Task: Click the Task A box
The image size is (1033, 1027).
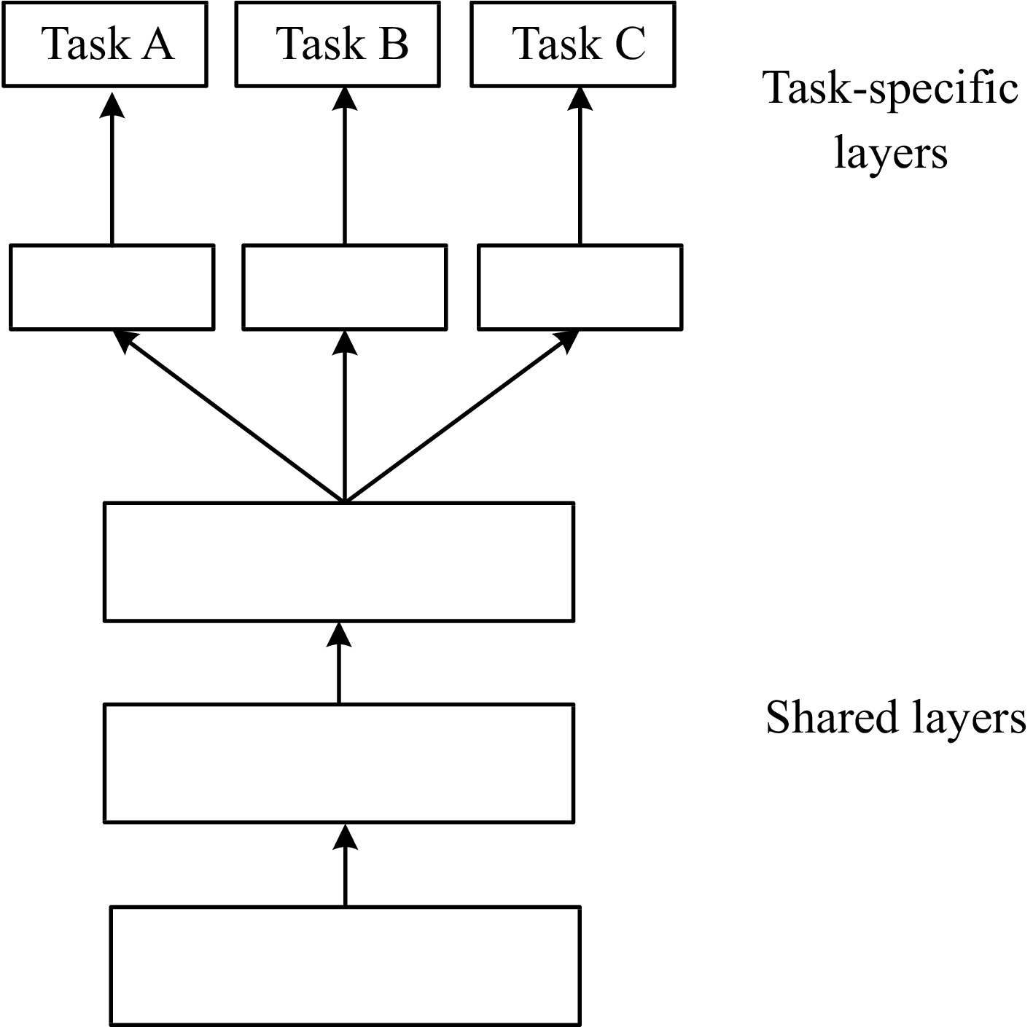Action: [x=104, y=44]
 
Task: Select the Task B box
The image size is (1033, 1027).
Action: [x=338, y=44]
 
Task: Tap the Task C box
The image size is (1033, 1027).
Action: [x=572, y=44]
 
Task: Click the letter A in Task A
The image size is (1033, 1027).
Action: [x=157, y=44]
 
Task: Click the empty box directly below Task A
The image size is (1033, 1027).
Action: [x=112, y=287]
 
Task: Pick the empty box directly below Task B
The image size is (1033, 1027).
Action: [x=344, y=287]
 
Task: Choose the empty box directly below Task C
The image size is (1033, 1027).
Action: [x=580, y=287]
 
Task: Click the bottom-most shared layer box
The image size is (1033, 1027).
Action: [x=345, y=965]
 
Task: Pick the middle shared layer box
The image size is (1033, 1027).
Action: [x=339, y=763]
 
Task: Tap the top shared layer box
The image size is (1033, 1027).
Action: [x=339, y=561]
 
